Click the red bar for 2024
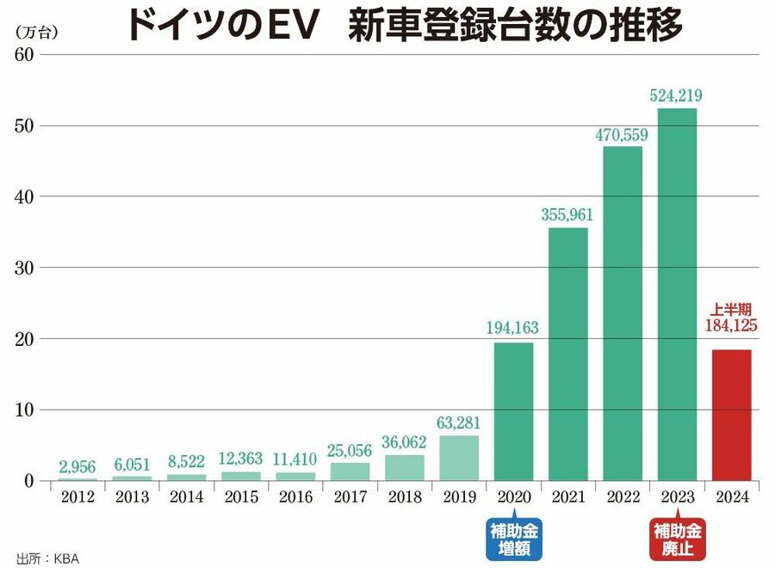click(x=732, y=415)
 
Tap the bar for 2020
click(x=513, y=411)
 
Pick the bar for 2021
click(x=567, y=354)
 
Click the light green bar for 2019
click(x=459, y=458)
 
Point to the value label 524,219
click(x=677, y=96)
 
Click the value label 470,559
click(x=622, y=134)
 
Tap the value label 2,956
click(x=77, y=466)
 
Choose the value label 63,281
click(x=459, y=423)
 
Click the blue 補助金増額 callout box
click(x=514, y=539)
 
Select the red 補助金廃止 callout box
click(x=677, y=539)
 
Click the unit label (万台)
click(x=34, y=31)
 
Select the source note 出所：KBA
click(x=48, y=557)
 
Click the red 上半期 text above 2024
click(x=732, y=309)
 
